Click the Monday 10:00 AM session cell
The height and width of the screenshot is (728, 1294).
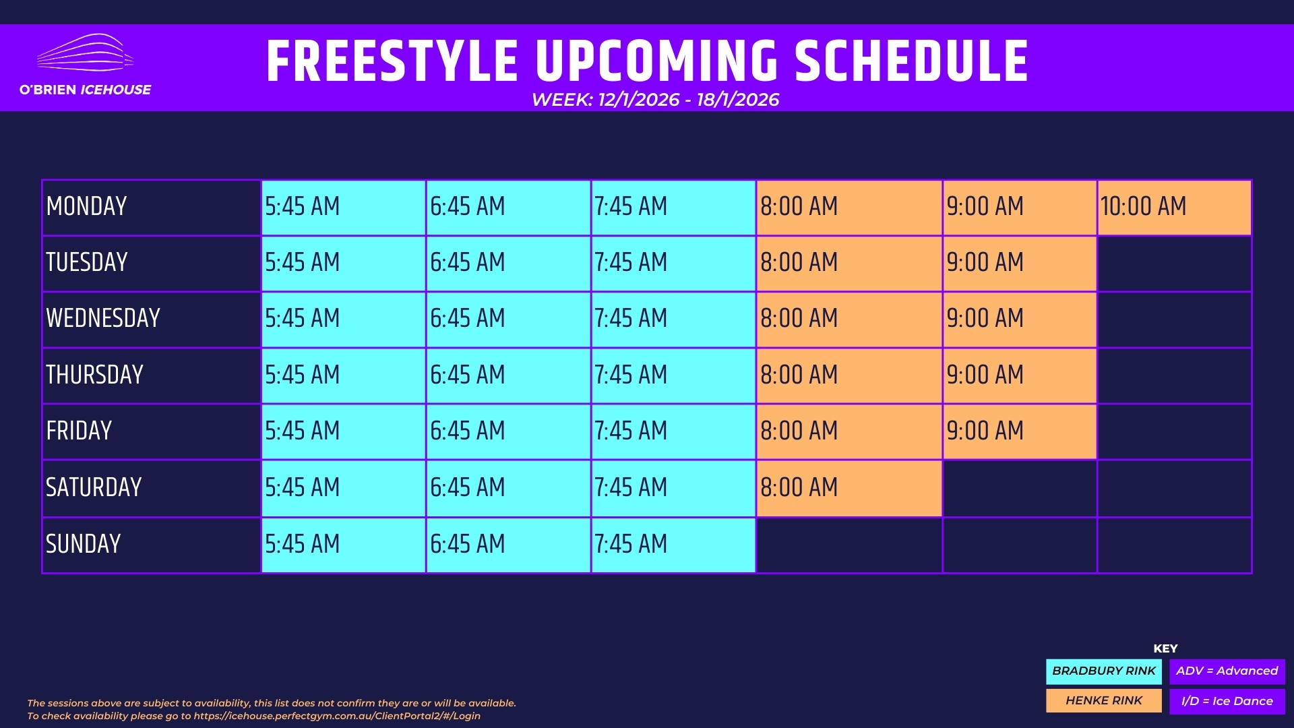pos(1174,208)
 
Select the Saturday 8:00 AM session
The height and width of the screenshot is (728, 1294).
pos(849,488)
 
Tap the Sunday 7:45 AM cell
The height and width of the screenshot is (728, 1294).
pos(673,545)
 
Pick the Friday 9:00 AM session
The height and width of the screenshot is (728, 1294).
pos(1020,431)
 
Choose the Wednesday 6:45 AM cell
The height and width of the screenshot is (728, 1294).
pos(509,320)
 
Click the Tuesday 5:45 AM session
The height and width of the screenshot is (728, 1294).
pos(344,264)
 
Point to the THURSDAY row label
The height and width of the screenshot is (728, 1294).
pos(94,375)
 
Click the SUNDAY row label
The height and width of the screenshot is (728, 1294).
pos(83,544)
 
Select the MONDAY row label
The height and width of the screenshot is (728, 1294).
pos(86,206)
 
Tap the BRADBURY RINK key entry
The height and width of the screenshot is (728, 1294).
pos(1104,671)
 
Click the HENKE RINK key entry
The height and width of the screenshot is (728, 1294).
pos(1104,701)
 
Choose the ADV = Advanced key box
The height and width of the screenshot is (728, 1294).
pos(1227,671)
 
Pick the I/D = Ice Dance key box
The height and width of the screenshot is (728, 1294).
pos(1227,701)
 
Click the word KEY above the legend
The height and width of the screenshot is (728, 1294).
pos(1165,648)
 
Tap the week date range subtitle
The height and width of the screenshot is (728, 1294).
pos(655,100)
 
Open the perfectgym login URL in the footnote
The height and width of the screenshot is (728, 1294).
pos(337,716)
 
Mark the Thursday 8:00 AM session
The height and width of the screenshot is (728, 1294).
pos(849,375)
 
